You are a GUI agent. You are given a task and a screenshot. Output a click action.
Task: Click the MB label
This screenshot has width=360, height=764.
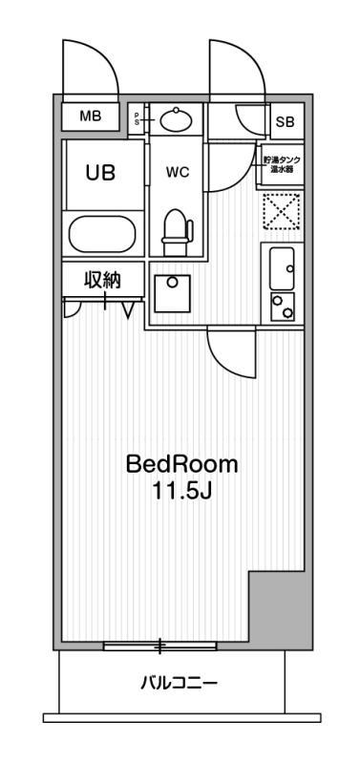[91, 117]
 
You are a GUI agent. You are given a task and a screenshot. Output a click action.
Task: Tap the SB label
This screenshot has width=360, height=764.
[286, 121]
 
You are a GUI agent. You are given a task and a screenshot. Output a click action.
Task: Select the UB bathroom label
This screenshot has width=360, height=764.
[100, 173]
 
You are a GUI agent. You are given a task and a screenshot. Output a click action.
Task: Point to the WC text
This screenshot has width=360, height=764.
[178, 173]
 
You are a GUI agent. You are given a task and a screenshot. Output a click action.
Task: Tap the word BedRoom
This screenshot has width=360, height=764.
[181, 465]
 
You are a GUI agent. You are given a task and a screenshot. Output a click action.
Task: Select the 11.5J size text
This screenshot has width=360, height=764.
[181, 493]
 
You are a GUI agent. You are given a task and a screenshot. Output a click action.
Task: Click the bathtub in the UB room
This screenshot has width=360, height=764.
[104, 235]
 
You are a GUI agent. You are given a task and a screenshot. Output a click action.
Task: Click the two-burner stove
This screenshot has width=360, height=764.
[282, 307]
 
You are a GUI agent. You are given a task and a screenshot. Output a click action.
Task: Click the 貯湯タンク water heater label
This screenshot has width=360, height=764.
[282, 163]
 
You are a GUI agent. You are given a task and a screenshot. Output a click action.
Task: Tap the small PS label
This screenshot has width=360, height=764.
[137, 118]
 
